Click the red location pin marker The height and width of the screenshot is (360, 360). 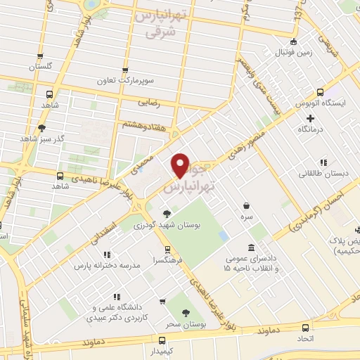pyautogui.click(x=181, y=165)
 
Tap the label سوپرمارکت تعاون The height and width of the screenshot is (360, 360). pyautogui.click(x=125, y=82)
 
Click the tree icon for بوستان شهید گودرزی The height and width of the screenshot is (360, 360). pyautogui.click(x=167, y=214)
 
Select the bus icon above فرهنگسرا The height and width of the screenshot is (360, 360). pyautogui.click(x=167, y=249)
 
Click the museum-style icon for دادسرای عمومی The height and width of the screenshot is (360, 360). pyautogui.click(x=251, y=247)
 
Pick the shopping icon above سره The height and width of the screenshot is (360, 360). pyautogui.click(x=246, y=207)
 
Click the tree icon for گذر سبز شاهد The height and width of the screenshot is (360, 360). pyautogui.click(x=42, y=129)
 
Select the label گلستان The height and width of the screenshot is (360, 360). pyautogui.click(x=41, y=67)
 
